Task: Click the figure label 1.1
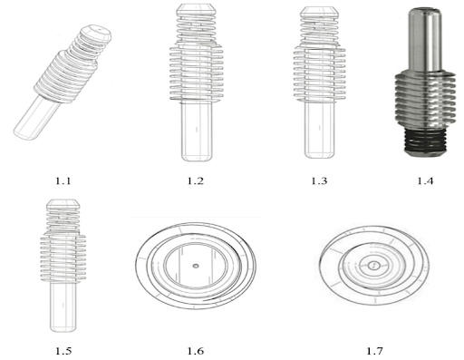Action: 63,180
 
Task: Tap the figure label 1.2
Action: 196,180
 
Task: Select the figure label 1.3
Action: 319,180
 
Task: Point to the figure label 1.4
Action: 425,180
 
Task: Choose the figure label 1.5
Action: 63,351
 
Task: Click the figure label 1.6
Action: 196,351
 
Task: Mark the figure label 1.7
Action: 374,351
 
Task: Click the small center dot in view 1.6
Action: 196,266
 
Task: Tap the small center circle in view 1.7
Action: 373,266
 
